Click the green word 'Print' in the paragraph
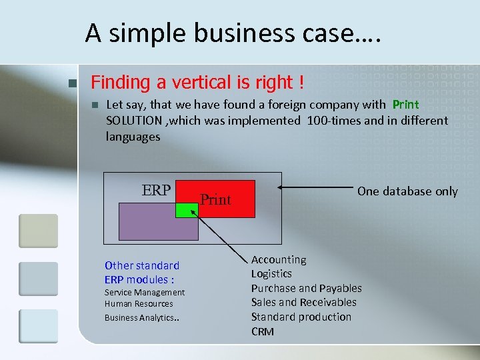[405, 105]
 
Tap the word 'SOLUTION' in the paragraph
[133, 121]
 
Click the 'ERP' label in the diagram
[156, 190]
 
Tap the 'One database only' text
[407, 191]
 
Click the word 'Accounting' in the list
[279, 259]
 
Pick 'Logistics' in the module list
[271, 273]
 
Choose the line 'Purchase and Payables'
[306, 288]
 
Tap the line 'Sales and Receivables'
[303, 302]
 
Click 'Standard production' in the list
[301, 317]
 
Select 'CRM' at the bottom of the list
[262, 331]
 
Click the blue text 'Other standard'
[141, 265]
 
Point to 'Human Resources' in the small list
[138, 303]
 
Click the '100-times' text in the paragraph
[330, 121]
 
